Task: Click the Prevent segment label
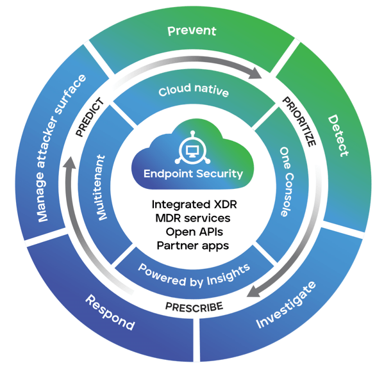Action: [x=192, y=31]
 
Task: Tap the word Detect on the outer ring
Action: [x=338, y=136]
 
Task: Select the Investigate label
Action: [x=286, y=305]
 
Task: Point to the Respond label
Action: [x=110, y=312]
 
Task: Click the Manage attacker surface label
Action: [x=62, y=148]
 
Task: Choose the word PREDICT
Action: [x=90, y=117]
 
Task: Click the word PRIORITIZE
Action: [x=299, y=122]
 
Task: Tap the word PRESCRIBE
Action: [x=194, y=307]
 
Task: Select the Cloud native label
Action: [x=194, y=90]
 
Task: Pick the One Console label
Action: [x=287, y=182]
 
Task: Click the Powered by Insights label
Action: [x=194, y=276]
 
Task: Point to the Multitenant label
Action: [x=101, y=188]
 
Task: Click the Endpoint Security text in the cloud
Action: [x=193, y=174]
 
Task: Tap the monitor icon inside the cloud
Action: [x=193, y=151]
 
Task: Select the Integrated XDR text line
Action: [x=194, y=205]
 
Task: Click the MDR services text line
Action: [x=193, y=218]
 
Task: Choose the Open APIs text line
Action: [x=194, y=232]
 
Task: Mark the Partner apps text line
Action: [x=193, y=246]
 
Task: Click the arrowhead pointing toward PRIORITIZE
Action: [x=255, y=73]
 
